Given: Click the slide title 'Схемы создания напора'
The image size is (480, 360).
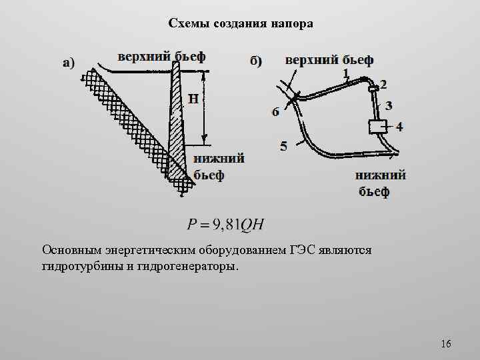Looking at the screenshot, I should coord(240,24).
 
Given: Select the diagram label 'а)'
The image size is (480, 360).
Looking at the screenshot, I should coord(68,63).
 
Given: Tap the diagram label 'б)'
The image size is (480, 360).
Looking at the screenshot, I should coord(256,61).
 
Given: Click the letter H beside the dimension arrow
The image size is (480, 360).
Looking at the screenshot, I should coord(193,99).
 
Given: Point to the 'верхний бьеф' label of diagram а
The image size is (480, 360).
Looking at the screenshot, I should coord(162,55).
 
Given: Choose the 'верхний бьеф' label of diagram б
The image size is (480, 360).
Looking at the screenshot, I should coord(329,60).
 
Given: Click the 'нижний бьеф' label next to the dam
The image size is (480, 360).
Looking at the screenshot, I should coord(218,167).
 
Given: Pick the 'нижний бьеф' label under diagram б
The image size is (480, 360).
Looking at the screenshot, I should coord(381,184).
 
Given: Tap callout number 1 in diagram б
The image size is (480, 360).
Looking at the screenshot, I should coord(346,73).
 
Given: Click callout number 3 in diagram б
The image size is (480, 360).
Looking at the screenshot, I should coord(389,105).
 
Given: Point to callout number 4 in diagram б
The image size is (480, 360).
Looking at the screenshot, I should coord(399,126).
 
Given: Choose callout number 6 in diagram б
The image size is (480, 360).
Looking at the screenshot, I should coord(275,112).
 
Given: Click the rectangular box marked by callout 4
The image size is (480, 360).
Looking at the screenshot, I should coord(377,126).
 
